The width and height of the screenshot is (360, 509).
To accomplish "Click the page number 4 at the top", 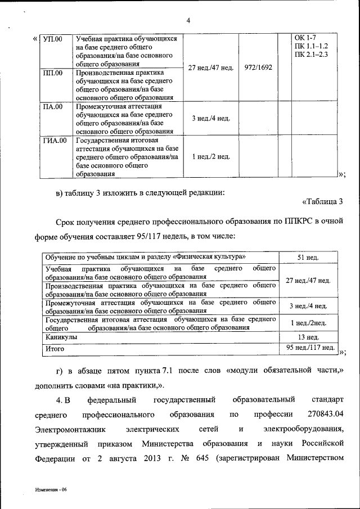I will (x=189, y=21).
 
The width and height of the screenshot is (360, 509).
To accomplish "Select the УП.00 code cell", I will (x=53, y=39).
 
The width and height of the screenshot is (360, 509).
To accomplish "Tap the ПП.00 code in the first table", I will (x=53, y=73).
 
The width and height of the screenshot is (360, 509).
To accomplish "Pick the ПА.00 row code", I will (x=53, y=106).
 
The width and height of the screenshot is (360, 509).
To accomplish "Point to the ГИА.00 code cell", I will (x=55, y=140).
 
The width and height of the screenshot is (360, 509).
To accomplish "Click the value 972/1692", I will (x=258, y=67).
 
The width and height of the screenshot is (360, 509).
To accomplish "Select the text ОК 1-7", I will (x=305, y=38).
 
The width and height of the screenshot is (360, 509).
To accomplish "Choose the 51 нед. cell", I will (x=308, y=258).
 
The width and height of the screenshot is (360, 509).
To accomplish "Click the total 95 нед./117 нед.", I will (x=308, y=348).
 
